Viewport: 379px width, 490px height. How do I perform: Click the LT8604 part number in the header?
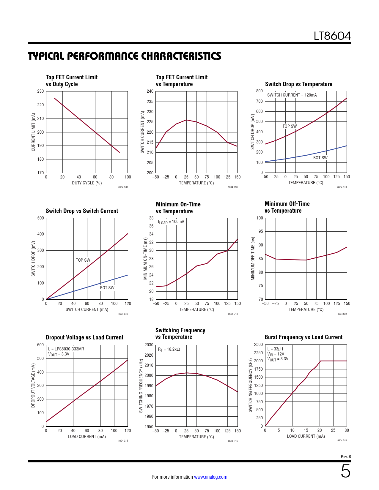[x=332, y=36]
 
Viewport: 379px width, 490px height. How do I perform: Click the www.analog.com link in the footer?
[x=210, y=477]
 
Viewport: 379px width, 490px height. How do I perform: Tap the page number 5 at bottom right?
[x=345, y=471]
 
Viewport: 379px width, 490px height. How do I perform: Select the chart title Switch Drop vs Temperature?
[x=298, y=84]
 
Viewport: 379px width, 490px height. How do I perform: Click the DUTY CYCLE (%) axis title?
[x=87, y=183]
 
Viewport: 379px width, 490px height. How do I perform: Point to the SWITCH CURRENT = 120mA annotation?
[x=292, y=95]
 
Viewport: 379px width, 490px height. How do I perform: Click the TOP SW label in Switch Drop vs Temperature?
[x=290, y=126]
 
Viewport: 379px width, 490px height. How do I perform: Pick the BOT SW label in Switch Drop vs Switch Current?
[x=107, y=288]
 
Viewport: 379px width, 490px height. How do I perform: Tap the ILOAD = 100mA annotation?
[x=171, y=222]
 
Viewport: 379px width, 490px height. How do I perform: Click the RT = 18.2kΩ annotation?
[x=169, y=349]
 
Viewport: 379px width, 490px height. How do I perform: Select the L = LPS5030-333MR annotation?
[x=66, y=349]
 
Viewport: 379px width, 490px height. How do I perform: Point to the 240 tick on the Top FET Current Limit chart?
[x=150, y=91]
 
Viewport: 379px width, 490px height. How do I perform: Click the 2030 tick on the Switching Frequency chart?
[x=149, y=345]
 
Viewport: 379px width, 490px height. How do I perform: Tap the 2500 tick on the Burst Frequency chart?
[x=258, y=344]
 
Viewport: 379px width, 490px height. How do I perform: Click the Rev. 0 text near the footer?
[x=346, y=456]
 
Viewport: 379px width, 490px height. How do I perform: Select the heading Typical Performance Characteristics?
[x=125, y=56]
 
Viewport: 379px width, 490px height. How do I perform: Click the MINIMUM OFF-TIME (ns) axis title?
[x=253, y=258]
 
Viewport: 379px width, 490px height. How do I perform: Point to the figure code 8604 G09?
[x=123, y=187]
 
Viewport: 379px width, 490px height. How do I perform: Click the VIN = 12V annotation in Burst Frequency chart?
[x=276, y=354]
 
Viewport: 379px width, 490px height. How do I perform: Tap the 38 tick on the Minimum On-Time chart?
[x=151, y=218]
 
